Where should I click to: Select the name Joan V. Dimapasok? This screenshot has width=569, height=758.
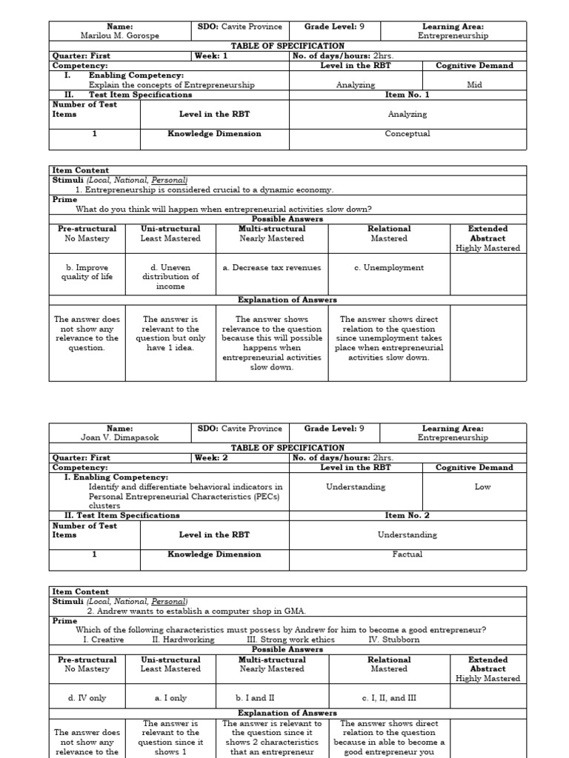pos(120,437)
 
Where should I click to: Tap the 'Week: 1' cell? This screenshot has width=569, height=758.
pos(211,56)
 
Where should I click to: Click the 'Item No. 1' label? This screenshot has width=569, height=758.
pos(407,95)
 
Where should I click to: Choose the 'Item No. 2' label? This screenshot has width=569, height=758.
pos(407,515)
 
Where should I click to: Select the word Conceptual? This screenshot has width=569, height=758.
pos(407,134)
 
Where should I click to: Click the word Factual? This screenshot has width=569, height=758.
pos(407,554)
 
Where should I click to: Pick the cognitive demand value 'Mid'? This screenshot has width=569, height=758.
pos(474,85)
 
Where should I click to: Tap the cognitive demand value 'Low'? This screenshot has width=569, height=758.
pos(482,487)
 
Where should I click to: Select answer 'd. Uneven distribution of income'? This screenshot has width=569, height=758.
pos(170,277)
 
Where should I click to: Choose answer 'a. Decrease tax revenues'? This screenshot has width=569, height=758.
pos(272,268)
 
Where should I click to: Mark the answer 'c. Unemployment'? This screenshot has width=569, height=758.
pos(389,268)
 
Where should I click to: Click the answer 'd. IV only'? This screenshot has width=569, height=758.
pos(86,697)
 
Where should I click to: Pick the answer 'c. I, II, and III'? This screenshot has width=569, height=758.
pos(389,697)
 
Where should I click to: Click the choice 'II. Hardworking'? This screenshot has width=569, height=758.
pos(183,640)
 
